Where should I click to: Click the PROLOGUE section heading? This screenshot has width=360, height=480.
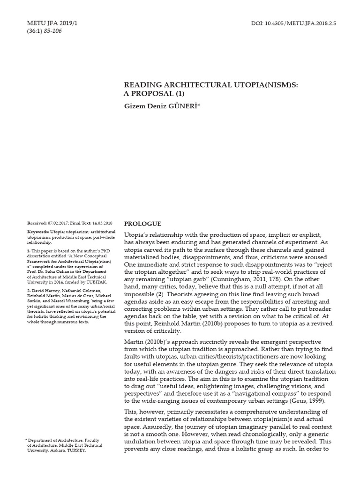tap(142, 224)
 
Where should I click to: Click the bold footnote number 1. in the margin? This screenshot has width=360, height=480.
tap(29, 251)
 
